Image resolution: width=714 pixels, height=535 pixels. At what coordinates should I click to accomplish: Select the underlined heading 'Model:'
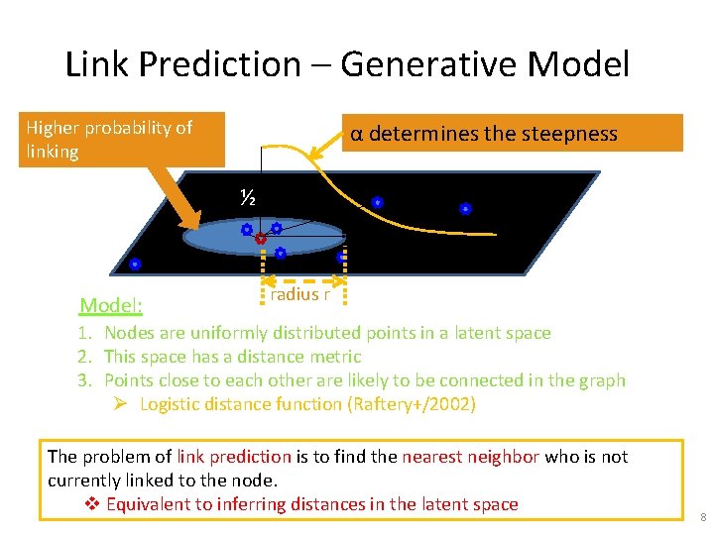coord(111,305)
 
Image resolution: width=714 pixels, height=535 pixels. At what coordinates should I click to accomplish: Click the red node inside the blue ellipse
coord(260,239)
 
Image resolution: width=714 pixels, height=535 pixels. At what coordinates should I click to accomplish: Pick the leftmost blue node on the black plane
coord(135,265)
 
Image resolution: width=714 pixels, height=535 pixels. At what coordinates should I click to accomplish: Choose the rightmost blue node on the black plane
coord(465,209)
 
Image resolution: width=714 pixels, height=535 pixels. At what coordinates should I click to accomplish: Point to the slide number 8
coord(702,517)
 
